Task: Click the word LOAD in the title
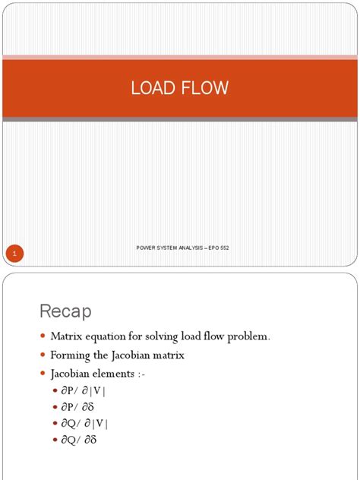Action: pos(153,88)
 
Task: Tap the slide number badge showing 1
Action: pos(16,253)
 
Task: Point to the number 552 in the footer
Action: pos(224,248)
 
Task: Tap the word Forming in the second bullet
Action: pos(71,355)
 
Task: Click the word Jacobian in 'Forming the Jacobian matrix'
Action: pos(135,355)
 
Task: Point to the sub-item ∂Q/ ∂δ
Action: pos(82,439)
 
